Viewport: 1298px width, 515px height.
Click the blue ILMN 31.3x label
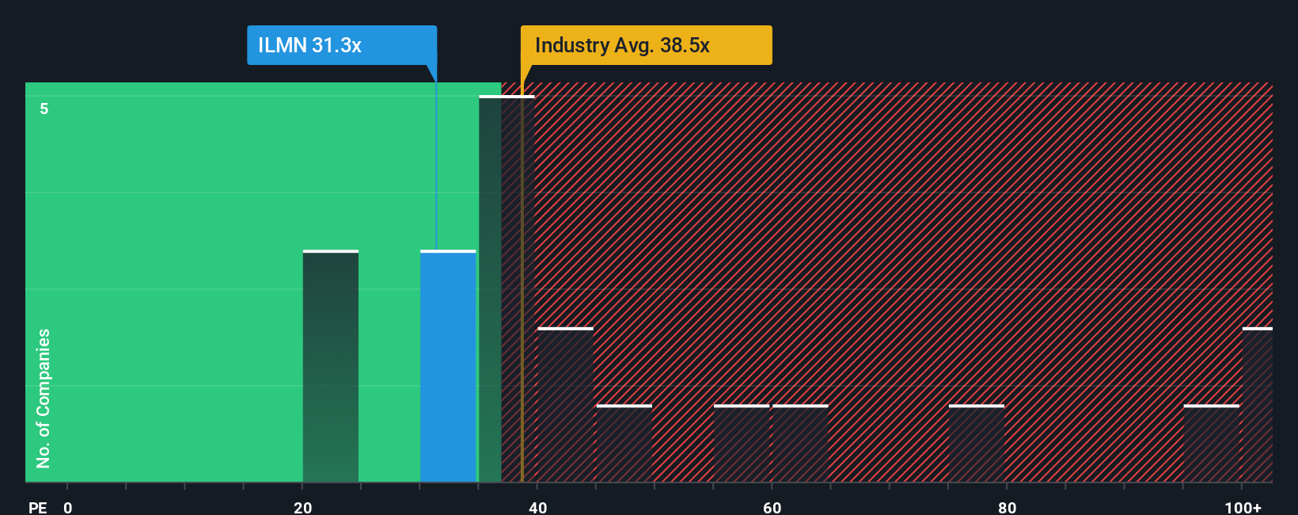click(341, 45)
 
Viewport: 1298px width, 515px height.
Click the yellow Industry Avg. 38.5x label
click(645, 45)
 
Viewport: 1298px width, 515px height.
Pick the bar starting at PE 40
click(565, 405)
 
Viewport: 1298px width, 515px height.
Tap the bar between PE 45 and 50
click(624, 444)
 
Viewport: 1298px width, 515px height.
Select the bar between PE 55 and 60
click(742, 444)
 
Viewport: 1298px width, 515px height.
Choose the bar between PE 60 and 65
click(800, 444)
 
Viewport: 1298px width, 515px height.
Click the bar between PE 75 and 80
click(976, 444)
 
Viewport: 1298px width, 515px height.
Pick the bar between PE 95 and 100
click(1211, 444)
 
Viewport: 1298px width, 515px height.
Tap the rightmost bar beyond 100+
click(1258, 405)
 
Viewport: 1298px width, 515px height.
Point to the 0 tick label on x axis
click(68, 507)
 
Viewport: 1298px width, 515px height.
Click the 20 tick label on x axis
click(302, 507)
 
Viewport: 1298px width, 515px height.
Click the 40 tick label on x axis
click(537, 507)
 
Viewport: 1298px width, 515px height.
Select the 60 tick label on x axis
click(772, 507)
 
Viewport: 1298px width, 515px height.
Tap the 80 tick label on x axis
click(1007, 507)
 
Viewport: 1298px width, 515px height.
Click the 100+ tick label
click(1243, 507)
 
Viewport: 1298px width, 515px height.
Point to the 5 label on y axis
click(44, 109)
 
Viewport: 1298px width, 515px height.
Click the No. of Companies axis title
click(44, 398)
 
